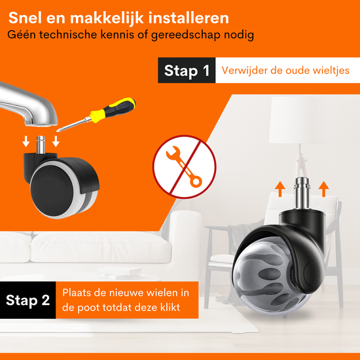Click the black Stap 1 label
[187, 70]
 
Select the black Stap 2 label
[27, 300]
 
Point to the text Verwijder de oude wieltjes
[285, 70]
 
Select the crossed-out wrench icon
[185, 167]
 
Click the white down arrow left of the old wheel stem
[26, 141]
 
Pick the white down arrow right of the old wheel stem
[56, 141]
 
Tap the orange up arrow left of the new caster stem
[280, 189]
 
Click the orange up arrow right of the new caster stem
[324, 189]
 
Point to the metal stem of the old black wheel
[41, 145]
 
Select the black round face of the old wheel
[52, 190]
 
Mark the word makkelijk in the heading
[107, 18]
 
